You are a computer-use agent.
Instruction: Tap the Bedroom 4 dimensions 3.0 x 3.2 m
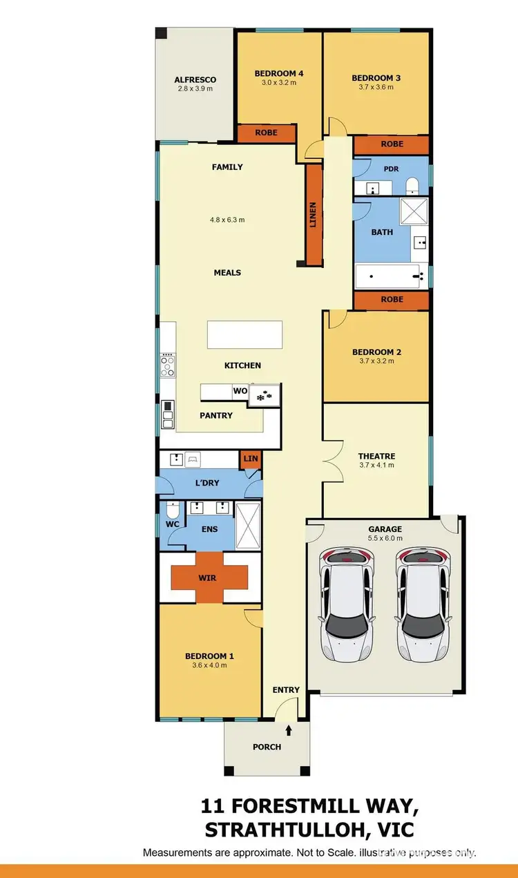point(278,83)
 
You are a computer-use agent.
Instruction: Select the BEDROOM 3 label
point(376,78)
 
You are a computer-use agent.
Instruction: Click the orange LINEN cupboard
point(314,216)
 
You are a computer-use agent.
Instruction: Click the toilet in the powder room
point(412,185)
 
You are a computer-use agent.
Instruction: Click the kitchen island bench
point(245,335)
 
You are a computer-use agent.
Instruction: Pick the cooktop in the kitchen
point(168,365)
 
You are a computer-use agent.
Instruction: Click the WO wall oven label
point(240,391)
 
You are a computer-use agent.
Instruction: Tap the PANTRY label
point(216,416)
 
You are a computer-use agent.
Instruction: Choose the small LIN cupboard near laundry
point(250,459)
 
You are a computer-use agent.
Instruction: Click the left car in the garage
point(347,604)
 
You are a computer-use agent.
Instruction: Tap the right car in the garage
point(423,604)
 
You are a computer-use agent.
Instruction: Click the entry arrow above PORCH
point(289,728)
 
